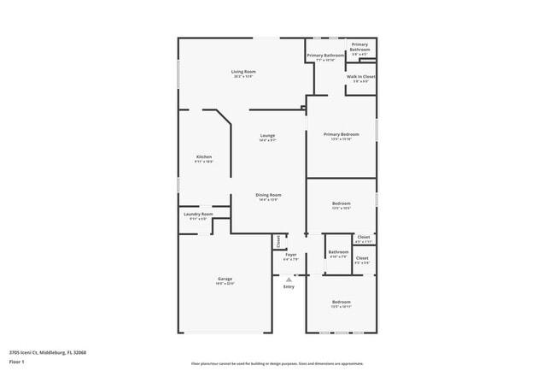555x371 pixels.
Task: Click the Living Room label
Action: click(243, 71)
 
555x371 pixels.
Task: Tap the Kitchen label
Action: click(204, 156)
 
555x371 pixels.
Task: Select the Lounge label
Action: click(267, 135)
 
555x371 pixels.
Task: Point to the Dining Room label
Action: click(268, 195)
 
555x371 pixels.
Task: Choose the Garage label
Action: click(225, 279)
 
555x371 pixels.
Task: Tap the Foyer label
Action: click(291, 254)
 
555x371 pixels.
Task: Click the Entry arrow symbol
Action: click(289, 279)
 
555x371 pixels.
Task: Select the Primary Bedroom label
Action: click(341, 134)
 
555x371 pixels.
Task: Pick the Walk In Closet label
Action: click(359, 77)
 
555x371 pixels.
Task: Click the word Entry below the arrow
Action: click(289, 286)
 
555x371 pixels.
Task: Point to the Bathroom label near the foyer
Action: click(338, 251)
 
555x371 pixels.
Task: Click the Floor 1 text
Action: click(17, 362)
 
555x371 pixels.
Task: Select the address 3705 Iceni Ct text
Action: click(48, 352)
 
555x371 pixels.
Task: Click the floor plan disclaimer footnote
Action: click(277, 363)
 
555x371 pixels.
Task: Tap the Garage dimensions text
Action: click(225, 284)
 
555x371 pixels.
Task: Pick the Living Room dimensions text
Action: click(243, 77)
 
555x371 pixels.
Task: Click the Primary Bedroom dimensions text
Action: click(341, 139)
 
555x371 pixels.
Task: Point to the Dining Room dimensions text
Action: click(268, 200)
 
